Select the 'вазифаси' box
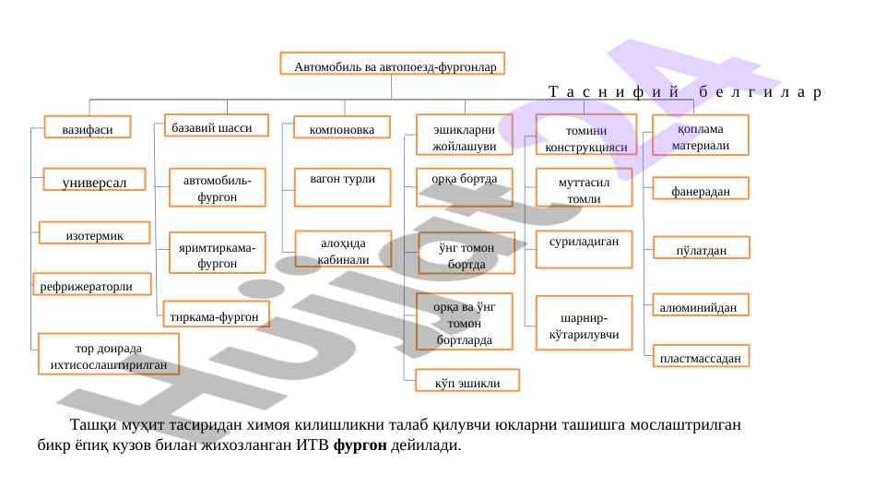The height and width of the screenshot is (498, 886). tap(88, 130)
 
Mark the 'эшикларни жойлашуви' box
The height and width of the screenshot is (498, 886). tap(465, 136)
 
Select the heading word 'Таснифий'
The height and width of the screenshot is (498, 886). tap(614, 92)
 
